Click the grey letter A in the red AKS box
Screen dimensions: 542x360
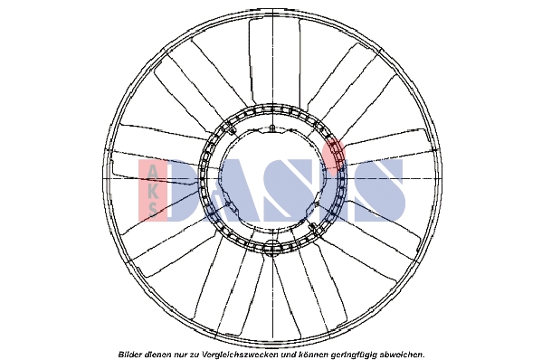(x=152, y=172)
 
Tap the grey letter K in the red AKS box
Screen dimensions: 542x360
(x=152, y=190)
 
